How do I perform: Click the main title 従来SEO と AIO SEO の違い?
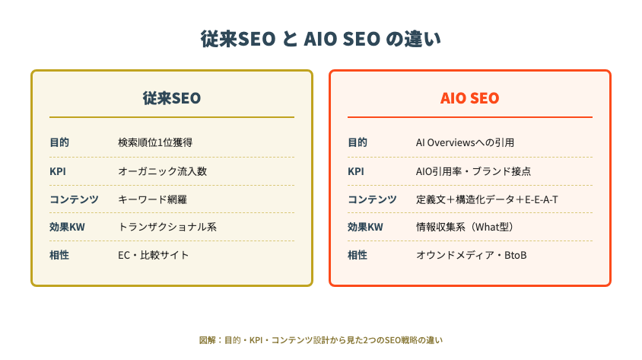(x=320, y=39)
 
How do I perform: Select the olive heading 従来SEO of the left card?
(x=172, y=98)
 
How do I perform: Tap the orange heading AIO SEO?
(x=469, y=98)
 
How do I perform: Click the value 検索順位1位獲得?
(x=155, y=142)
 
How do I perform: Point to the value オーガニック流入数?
(x=162, y=171)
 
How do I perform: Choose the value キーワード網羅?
(x=152, y=199)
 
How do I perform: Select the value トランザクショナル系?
(x=163, y=227)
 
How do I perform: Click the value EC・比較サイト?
(x=154, y=255)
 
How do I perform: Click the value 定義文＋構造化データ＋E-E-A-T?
(x=488, y=199)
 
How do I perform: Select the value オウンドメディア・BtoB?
(x=471, y=255)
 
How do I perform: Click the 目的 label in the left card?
(x=59, y=142)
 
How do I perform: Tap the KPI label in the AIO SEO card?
(x=356, y=171)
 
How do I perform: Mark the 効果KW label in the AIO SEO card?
(x=365, y=227)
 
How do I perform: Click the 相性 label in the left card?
(x=59, y=255)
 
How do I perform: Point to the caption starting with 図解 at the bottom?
(x=320, y=339)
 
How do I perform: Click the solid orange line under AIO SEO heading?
(x=469, y=117)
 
